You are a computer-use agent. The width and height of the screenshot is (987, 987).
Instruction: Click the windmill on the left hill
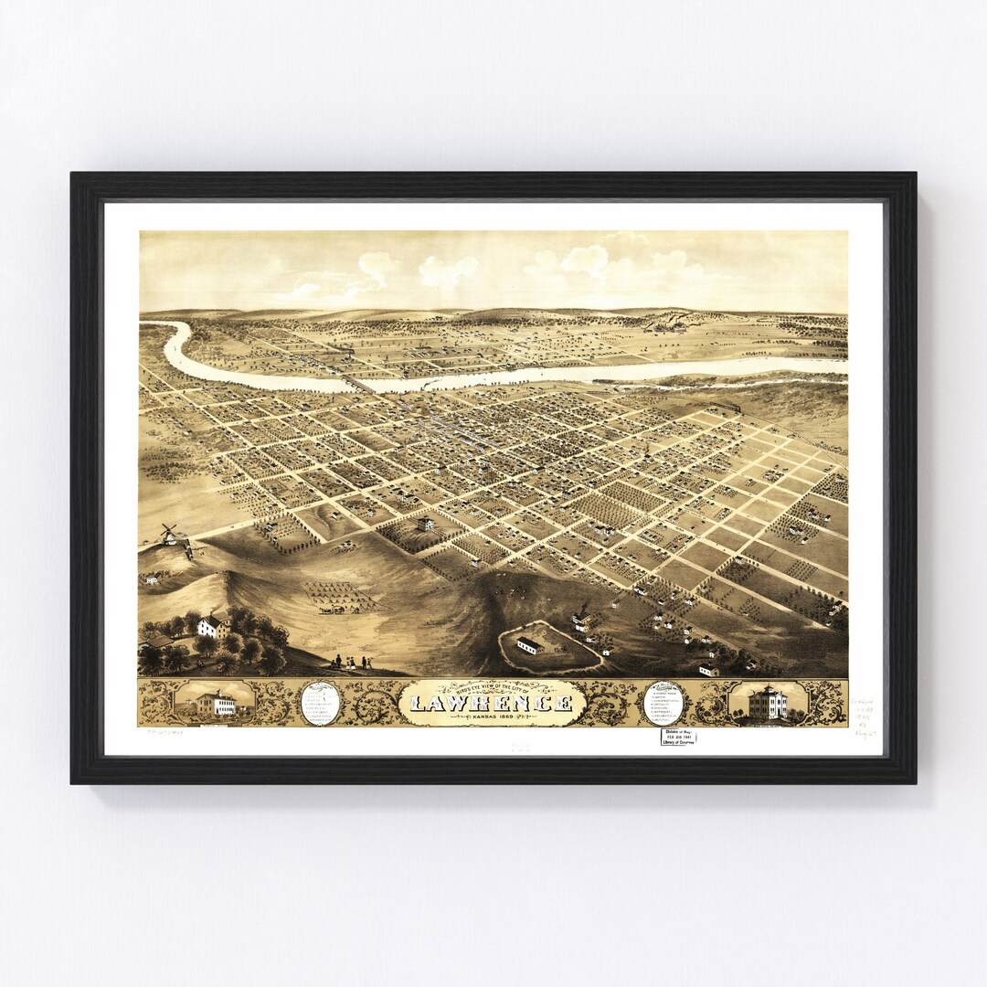click(168, 534)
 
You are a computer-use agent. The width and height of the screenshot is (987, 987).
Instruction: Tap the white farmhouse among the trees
click(213, 626)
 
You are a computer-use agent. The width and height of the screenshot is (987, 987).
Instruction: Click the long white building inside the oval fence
click(531, 646)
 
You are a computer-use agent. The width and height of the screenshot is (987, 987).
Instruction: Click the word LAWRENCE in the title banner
click(493, 703)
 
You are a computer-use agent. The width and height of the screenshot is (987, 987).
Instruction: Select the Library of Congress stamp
click(678, 737)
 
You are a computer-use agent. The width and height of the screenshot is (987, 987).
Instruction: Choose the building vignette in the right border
click(768, 703)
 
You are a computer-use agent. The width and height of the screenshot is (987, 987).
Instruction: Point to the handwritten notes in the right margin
click(865, 718)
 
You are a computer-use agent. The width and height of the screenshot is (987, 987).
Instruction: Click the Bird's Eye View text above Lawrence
click(493, 688)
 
